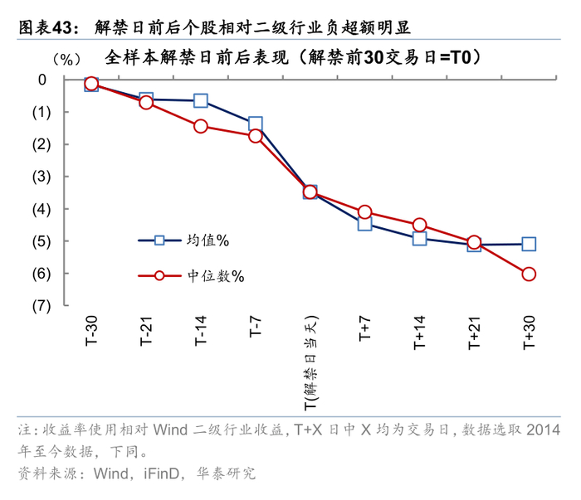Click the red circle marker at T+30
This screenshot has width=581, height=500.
tap(529, 274)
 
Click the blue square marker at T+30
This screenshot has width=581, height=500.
tap(529, 244)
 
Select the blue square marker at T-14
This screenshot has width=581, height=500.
tap(201, 100)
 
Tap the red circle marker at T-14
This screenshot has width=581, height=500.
tap(201, 126)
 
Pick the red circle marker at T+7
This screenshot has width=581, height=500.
tap(364, 212)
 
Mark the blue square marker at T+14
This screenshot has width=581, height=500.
tap(419, 239)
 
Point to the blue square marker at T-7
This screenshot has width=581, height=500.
tap(256, 124)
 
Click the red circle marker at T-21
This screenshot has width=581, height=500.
tap(146, 102)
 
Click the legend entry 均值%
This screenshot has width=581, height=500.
tap(183, 240)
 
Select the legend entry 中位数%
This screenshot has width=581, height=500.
tap(191, 276)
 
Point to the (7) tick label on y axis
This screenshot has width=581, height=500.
tap(41, 306)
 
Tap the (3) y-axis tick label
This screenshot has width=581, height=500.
tap(41, 177)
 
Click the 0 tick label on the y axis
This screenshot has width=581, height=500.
tap(42, 80)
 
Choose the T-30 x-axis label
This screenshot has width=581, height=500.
tap(91, 331)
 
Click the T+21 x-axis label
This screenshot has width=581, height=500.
tap(474, 333)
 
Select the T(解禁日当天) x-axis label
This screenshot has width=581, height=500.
tap(310, 362)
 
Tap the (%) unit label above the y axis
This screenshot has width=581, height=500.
tap(66, 59)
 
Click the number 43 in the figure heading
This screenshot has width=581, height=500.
tap(63, 27)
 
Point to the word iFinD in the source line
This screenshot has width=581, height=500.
tap(162, 473)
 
